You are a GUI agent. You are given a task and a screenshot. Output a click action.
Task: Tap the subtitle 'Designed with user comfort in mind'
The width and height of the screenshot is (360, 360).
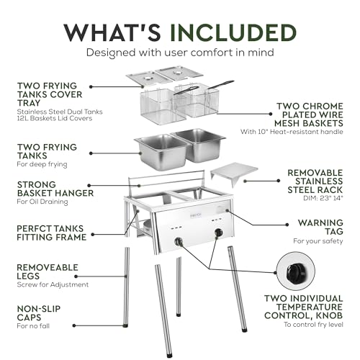pyautogui.click(x=179, y=53)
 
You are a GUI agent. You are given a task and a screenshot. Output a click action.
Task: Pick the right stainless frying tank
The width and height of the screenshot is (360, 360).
pyautogui.click(x=199, y=143)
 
